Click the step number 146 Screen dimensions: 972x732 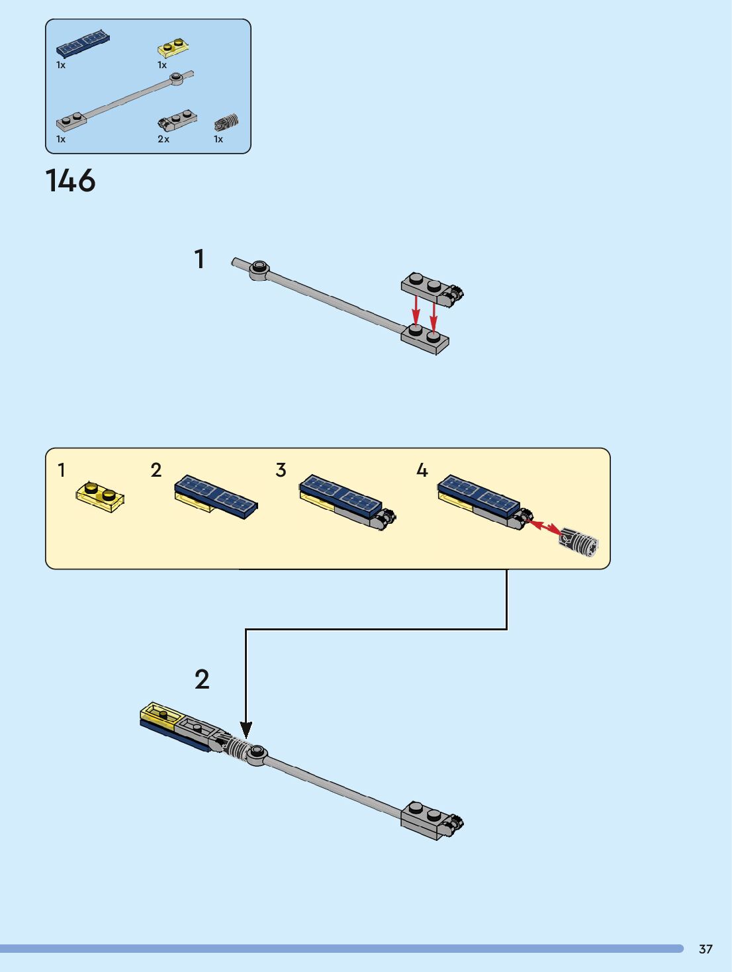[x=70, y=181]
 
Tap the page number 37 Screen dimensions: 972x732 [x=706, y=949]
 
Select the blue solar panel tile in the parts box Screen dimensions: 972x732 [x=83, y=44]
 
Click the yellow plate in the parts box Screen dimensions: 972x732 [x=173, y=48]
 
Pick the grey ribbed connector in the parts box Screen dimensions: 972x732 [x=226, y=122]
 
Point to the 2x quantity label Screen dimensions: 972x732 [x=163, y=139]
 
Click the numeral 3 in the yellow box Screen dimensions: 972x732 [x=281, y=470]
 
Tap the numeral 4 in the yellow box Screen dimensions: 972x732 [x=422, y=470]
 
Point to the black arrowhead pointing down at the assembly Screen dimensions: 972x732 [x=246, y=730]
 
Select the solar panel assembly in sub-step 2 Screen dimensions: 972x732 [x=216, y=497]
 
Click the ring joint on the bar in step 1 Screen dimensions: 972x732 [x=258, y=268]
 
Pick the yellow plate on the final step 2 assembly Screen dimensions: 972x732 [x=160, y=715]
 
